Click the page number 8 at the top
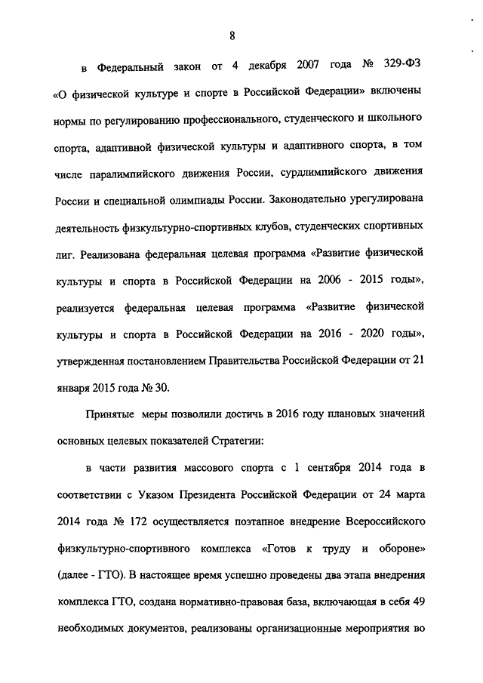pyautogui.click(x=233, y=35)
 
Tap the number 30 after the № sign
pyautogui.click(x=162, y=388)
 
